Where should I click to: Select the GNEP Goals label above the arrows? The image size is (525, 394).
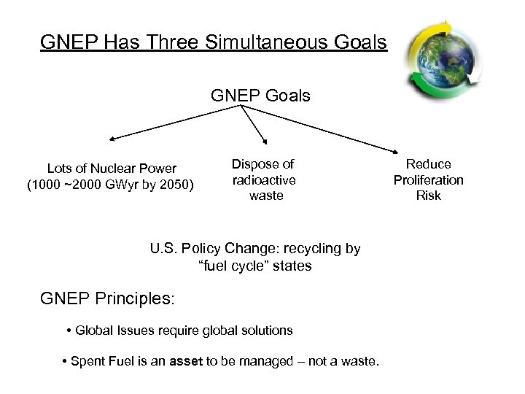coord(260,96)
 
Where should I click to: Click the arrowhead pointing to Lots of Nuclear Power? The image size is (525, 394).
coord(112,138)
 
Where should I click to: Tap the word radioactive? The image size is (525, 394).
coord(263,179)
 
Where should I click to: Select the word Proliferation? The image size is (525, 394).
coord(429,179)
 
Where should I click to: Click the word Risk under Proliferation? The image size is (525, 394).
coord(429,196)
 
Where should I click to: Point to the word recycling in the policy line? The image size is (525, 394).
coord(307,248)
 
